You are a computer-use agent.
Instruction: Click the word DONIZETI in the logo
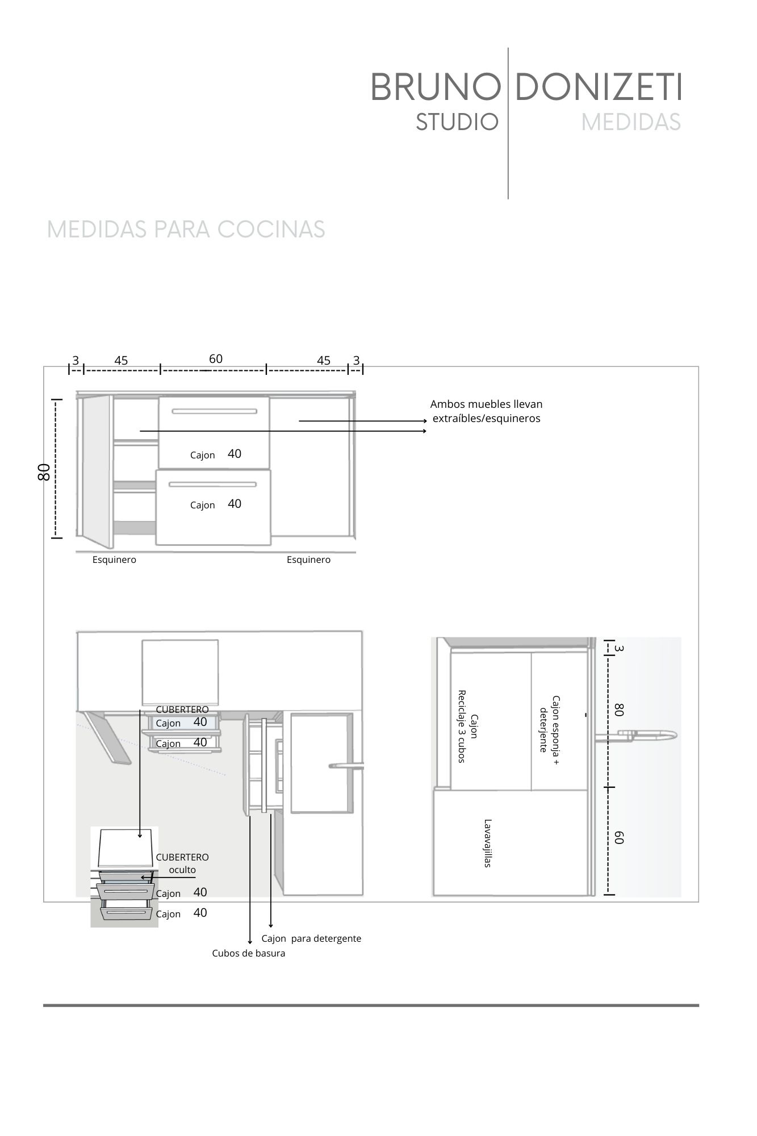[x=598, y=88]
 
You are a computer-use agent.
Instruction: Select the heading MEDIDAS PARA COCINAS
[x=186, y=229]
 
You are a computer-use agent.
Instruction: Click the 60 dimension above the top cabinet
[x=216, y=359]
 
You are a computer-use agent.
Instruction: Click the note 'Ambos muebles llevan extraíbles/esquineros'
[x=486, y=411]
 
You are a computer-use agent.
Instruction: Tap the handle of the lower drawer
[x=212, y=485]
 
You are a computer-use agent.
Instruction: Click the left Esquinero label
[x=114, y=560]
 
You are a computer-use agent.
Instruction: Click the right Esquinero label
[x=308, y=560]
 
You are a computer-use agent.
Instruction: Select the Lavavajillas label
[x=487, y=843]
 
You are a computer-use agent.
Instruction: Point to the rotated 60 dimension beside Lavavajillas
[x=619, y=837]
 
